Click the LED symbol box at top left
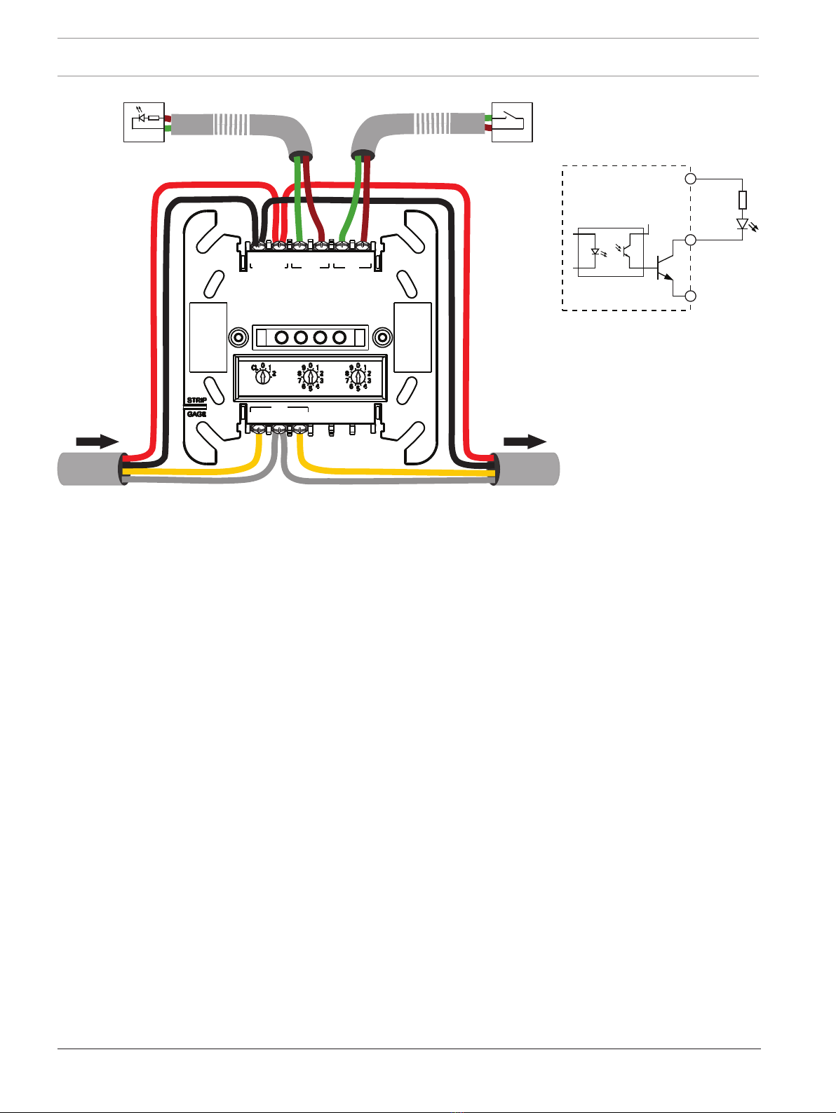[x=144, y=122]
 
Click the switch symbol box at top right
[x=512, y=122]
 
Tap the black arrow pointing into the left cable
[x=97, y=441]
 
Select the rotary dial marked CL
[x=262, y=376]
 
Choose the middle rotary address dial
[x=310, y=376]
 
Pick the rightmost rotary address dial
[x=358, y=376]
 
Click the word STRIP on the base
[x=196, y=400]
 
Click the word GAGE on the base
[x=196, y=414]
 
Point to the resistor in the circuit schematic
[x=742, y=200]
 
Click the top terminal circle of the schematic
[x=690, y=179]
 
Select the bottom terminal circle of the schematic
[x=690, y=296]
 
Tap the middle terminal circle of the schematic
[x=690, y=240]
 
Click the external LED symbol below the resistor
[x=742, y=224]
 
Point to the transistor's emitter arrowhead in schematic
[x=668, y=277]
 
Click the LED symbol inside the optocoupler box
[x=595, y=252]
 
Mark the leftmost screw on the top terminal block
[x=259, y=246]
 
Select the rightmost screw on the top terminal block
[x=362, y=246]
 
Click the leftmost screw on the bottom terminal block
[x=259, y=429]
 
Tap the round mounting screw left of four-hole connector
[x=239, y=338]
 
